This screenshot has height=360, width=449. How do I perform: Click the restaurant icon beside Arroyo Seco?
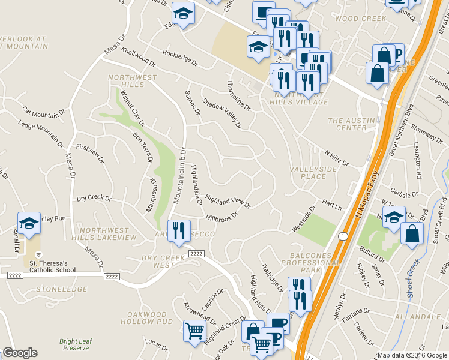click(178, 230)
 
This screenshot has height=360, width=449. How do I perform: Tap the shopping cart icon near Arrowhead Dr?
click(195, 331)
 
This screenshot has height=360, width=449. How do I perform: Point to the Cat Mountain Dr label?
click(44, 113)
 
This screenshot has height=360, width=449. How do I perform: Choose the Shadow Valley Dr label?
click(221, 113)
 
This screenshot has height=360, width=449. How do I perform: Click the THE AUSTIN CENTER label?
click(351, 124)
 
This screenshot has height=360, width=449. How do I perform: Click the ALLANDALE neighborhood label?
click(416, 316)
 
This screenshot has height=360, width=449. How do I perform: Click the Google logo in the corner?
click(20, 352)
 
